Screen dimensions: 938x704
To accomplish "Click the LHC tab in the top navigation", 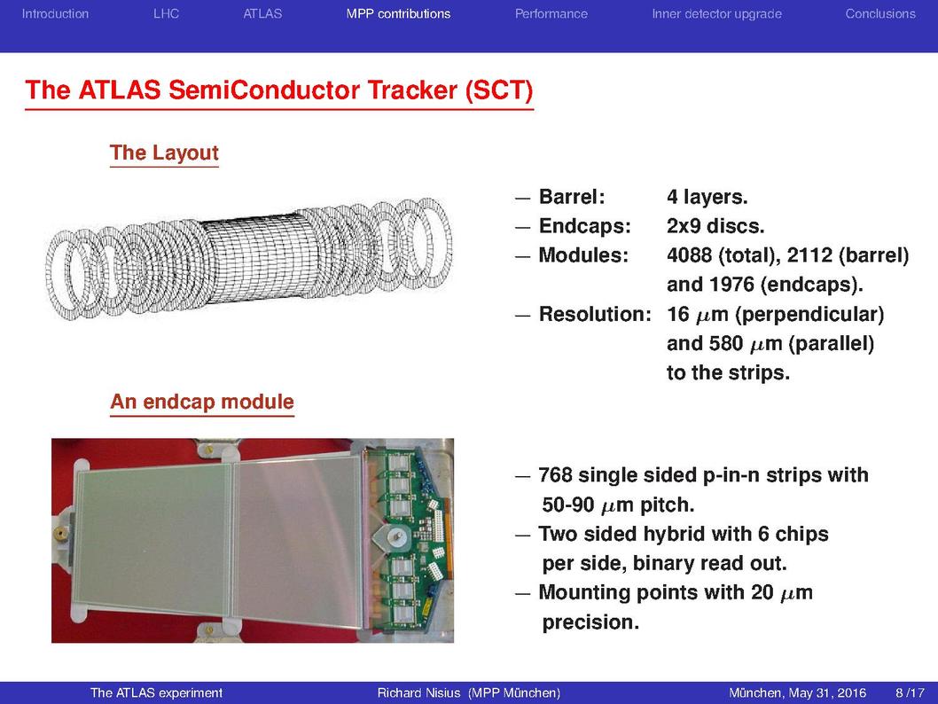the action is pyautogui.click(x=166, y=14).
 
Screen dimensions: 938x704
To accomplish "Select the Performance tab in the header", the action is pyautogui.click(x=551, y=14).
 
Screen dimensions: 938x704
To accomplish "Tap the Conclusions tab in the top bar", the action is pyautogui.click(x=880, y=14).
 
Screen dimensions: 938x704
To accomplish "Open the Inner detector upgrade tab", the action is pyautogui.click(x=716, y=14).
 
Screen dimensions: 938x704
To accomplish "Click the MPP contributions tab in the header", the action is pyautogui.click(x=398, y=14).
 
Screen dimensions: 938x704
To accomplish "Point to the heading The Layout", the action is pyautogui.click(x=164, y=153).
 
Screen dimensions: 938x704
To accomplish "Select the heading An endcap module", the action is pyautogui.click(x=202, y=402).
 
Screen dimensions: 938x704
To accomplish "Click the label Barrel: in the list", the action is pyautogui.click(x=572, y=197).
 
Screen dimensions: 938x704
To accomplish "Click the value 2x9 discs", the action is pyautogui.click(x=715, y=226).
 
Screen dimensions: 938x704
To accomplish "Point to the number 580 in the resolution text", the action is pyautogui.click(x=726, y=344).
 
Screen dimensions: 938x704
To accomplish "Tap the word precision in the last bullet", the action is pyautogui.click(x=590, y=622).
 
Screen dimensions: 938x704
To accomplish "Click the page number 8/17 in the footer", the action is pyautogui.click(x=910, y=692).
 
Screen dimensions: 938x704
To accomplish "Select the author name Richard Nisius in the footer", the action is pyautogui.click(x=418, y=692).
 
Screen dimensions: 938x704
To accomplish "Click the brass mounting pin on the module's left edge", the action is pyautogui.click(x=60, y=533).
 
